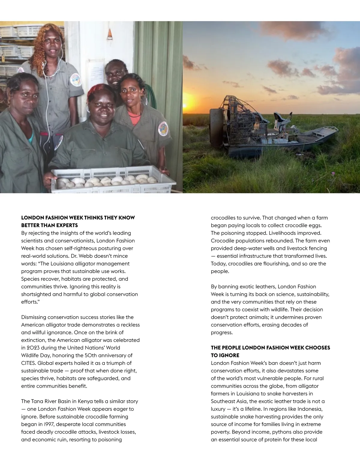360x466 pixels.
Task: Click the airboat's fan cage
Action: tap(237, 120)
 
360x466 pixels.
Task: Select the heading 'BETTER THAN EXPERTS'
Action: tap(49, 225)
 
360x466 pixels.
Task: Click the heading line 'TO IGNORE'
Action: tap(225, 355)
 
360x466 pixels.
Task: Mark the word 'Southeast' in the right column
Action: tap(223, 401)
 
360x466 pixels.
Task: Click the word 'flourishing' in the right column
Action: tap(275, 263)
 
